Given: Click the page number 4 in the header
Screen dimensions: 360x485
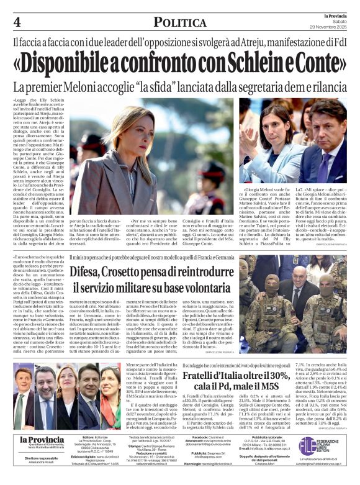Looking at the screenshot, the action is pyautogui.click(x=16, y=22).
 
